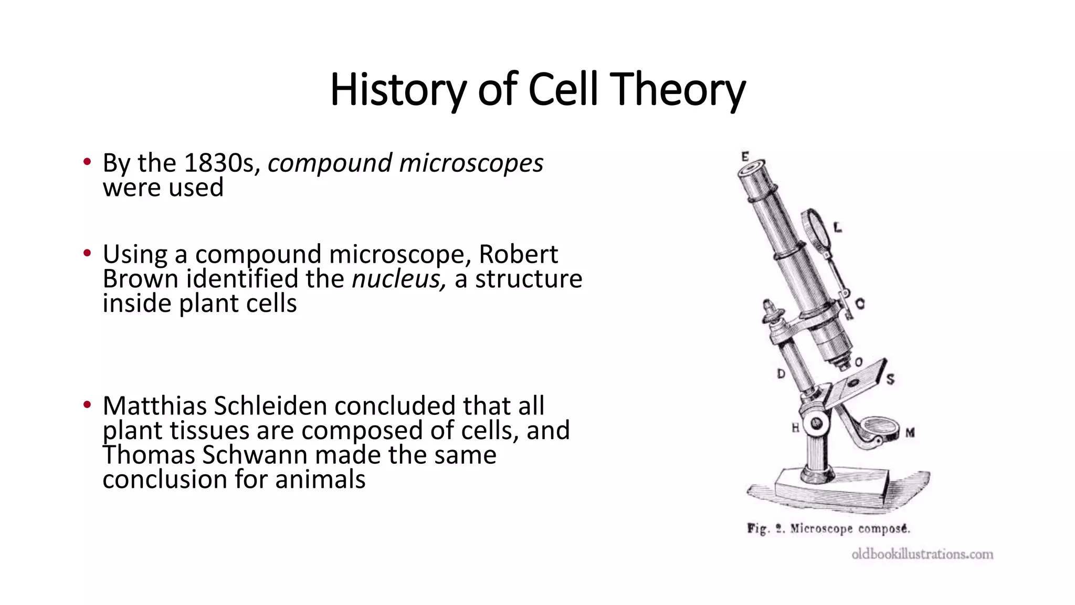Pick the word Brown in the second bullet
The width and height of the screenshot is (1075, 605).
[140, 279]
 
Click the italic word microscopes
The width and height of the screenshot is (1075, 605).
[471, 163]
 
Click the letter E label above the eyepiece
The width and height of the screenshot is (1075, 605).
[745, 157]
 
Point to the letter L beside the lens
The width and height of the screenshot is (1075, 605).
[838, 227]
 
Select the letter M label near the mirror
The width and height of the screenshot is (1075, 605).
[910, 433]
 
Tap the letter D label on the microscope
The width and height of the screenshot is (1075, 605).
[781, 374]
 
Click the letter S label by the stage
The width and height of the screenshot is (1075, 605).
[890, 379]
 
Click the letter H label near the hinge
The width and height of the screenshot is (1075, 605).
[795, 428]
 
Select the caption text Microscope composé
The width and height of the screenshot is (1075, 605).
[850, 528]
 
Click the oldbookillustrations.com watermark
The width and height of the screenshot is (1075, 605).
[922, 554]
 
